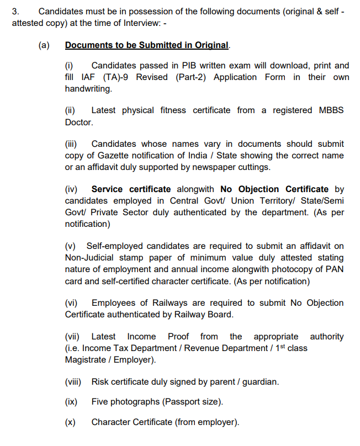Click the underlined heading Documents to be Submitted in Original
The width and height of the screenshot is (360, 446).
click(x=146, y=45)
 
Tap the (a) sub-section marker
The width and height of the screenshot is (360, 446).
click(x=44, y=45)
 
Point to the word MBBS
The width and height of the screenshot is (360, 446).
click(x=331, y=110)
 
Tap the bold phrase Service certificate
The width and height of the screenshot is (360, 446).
click(x=131, y=189)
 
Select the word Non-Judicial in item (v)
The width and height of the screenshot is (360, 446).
click(x=90, y=258)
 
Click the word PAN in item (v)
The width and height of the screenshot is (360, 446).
click(x=336, y=269)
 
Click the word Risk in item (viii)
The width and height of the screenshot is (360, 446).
click(x=100, y=381)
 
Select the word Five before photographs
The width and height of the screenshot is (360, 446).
click(x=100, y=402)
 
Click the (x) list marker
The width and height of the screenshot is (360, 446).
click(x=70, y=422)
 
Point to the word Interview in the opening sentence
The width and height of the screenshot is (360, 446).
click(x=148, y=23)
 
